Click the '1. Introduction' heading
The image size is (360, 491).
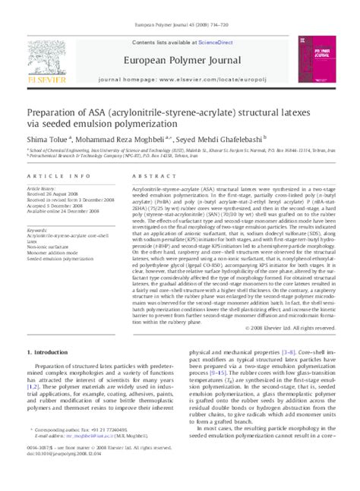48,353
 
